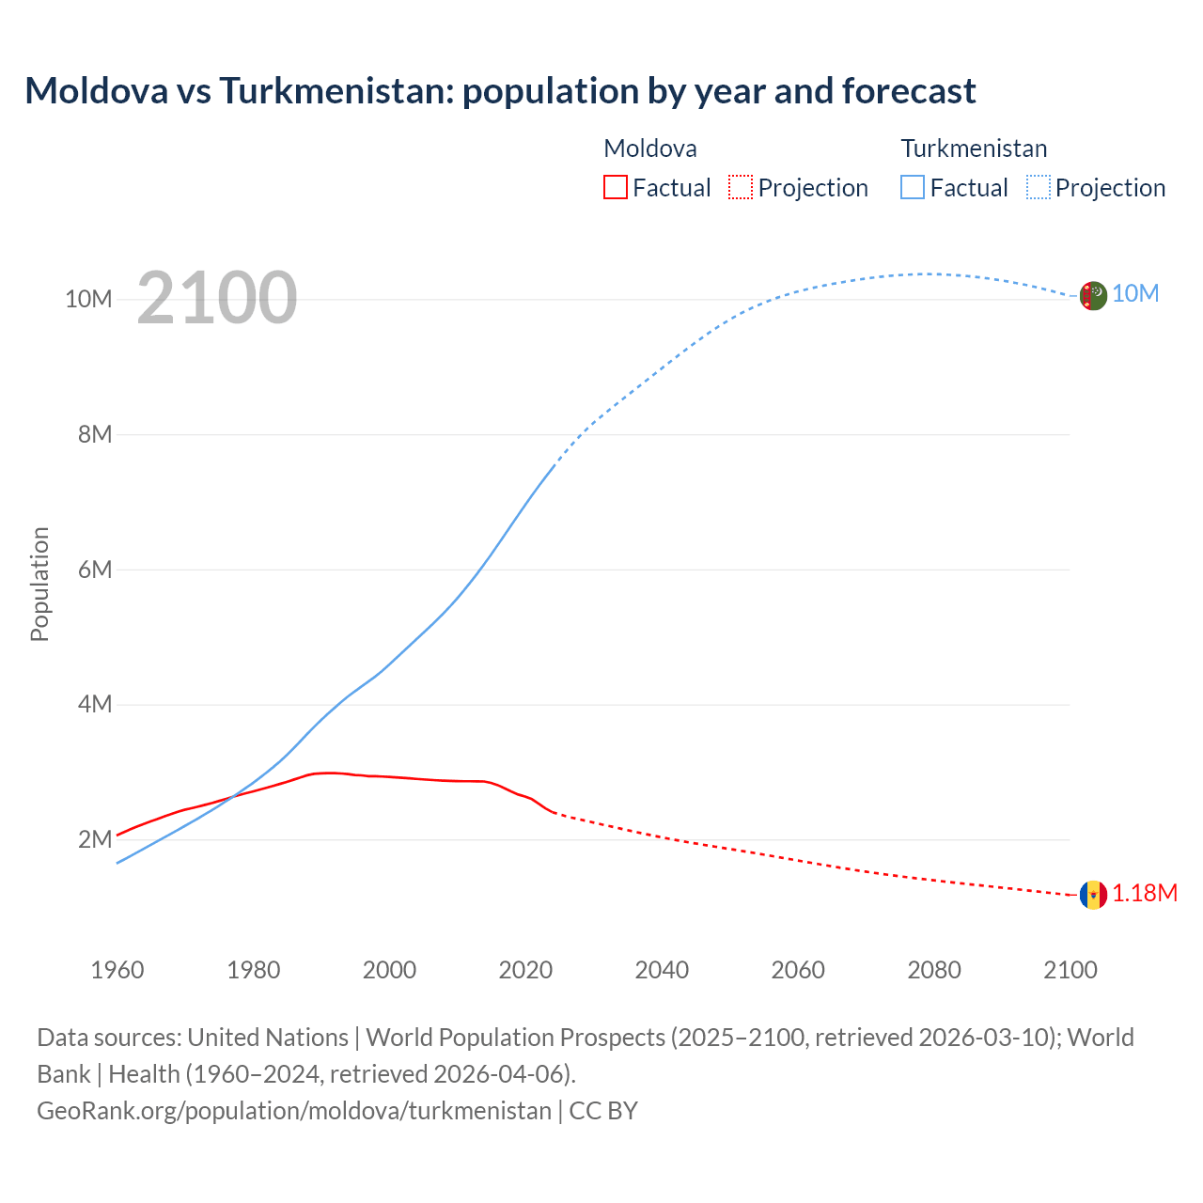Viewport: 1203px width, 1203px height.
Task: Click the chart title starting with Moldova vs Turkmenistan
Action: coord(500,91)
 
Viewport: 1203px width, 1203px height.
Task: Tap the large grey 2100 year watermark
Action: coord(217,298)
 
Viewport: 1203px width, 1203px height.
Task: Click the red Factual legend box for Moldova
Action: coord(615,187)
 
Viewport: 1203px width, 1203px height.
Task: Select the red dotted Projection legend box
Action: coord(741,187)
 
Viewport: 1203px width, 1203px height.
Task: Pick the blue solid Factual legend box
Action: coord(912,187)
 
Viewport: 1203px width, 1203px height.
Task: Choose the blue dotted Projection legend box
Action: coord(1038,187)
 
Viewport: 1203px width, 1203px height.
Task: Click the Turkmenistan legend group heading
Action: coord(974,148)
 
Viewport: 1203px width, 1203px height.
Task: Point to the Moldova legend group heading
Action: coord(650,148)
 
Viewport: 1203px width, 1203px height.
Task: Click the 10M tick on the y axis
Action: coord(88,299)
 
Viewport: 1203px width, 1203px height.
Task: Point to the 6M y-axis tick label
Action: coord(94,570)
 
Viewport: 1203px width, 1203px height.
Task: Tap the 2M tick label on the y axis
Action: coord(94,839)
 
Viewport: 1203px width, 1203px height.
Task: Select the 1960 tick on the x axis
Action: coord(117,970)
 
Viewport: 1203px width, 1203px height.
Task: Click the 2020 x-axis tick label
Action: coord(525,970)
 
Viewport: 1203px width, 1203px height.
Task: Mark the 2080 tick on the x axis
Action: coord(934,970)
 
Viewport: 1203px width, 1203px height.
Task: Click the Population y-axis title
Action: coord(39,584)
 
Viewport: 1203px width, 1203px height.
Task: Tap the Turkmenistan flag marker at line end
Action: coord(1093,295)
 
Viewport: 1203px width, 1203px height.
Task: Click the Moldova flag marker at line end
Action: coord(1093,895)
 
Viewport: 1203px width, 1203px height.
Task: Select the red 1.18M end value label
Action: coord(1145,893)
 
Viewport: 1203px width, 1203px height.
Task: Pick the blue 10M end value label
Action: coord(1135,294)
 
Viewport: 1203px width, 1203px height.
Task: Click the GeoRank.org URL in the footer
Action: coord(294,1111)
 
